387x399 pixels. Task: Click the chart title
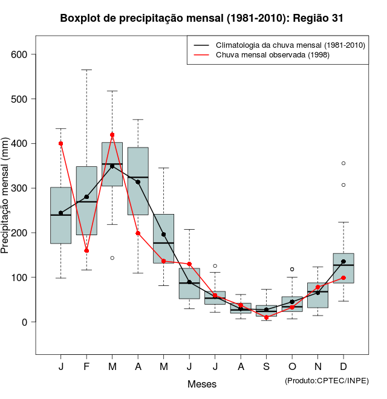[202, 18]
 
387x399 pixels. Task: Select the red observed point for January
[61, 143]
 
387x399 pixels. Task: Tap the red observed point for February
[86, 250]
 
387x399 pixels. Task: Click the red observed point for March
[112, 135]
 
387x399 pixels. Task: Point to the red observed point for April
[138, 233]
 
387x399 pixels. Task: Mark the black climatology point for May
[163, 234]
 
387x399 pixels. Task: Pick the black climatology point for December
[343, 262]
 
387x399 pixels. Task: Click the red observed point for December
[343, 277]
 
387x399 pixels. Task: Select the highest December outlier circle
[343, 163]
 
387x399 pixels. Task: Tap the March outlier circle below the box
[112, 258]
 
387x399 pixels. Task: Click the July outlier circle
[215, 266]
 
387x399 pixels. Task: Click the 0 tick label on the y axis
[24, 322]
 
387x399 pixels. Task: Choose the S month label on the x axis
[266, 367]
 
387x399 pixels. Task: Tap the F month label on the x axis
[86, 367]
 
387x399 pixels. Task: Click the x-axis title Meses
[202, 384]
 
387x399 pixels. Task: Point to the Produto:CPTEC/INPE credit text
[327, 380]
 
